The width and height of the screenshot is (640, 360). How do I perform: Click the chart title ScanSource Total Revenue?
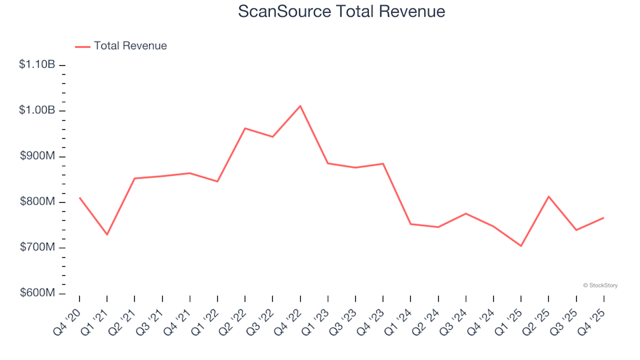coord(341,11)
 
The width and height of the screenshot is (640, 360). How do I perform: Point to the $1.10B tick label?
coord(37,65)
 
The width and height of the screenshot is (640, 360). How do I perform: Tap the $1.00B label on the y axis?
coord(37,111)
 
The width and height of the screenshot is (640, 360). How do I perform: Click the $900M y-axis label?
coord(38,157)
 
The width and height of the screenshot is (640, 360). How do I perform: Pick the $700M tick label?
coord(38,248)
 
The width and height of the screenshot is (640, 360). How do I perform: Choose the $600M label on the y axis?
coord(38,294)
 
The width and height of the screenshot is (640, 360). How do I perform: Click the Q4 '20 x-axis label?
coord(71,316)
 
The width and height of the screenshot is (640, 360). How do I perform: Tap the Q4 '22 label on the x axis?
coord(291,316)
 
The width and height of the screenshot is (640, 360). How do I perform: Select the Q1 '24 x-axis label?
coord(401,316)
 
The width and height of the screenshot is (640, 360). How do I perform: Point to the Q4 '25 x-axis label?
coord(595,316)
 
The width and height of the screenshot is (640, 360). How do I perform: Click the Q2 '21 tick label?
coord(126,316)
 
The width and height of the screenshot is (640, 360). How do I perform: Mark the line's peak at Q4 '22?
coord(300,106)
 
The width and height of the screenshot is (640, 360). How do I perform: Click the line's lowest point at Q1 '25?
coord(521,246)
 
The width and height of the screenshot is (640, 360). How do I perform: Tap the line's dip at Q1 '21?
coord(107,235)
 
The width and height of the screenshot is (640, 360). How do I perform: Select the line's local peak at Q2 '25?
coord(549,196)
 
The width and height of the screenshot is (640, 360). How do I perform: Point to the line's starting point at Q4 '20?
coord(79,197)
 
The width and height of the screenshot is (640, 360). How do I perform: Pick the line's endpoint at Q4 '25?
coord(603,218)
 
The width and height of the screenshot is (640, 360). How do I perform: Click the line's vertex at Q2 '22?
coord(245,128)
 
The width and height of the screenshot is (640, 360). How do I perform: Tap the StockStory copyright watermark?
coord(600,285)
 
